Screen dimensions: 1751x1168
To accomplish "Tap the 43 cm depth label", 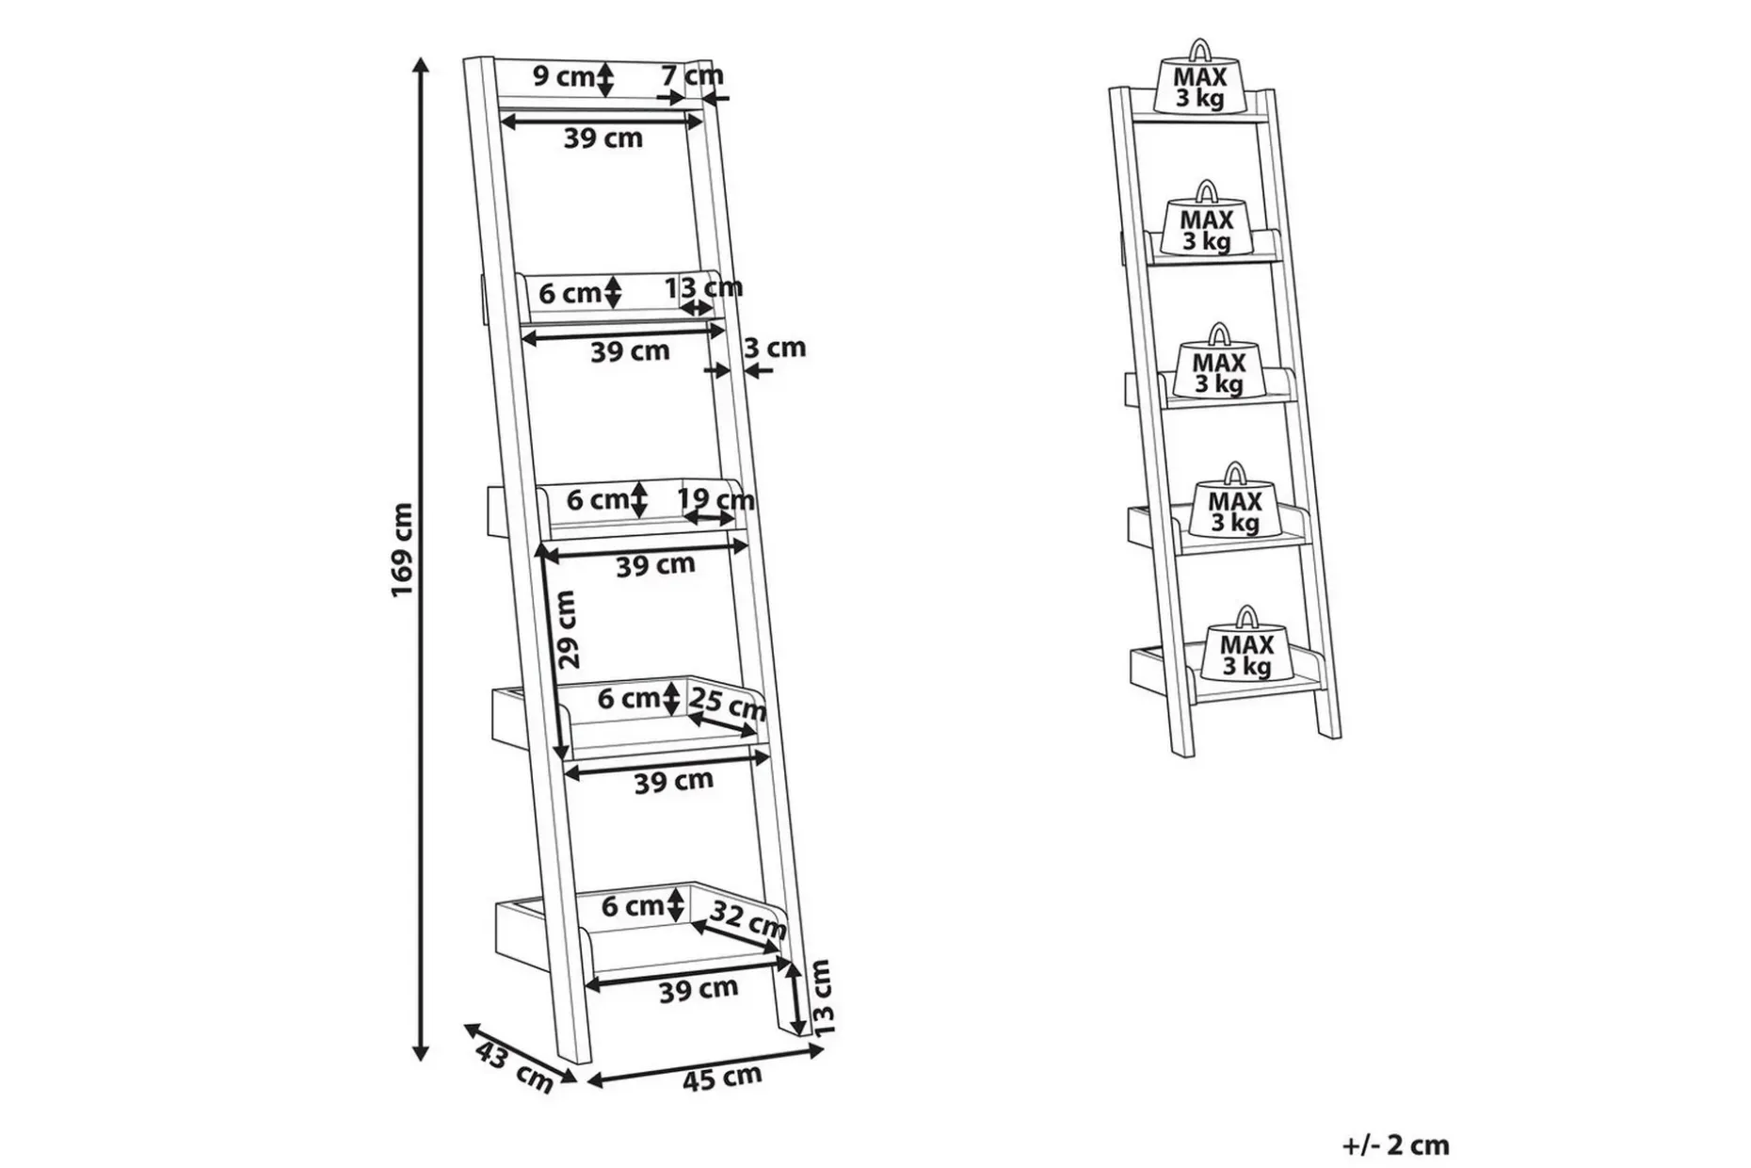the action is click(x=514, y=1068).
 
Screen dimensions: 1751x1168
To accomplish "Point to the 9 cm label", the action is click(x=563, y=76).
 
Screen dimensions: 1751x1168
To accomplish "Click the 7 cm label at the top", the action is click(x=692, y=74).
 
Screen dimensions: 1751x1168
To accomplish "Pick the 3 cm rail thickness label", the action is click(x=776, y=348).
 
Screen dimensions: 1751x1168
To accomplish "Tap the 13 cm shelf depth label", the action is click(x=704, y=287).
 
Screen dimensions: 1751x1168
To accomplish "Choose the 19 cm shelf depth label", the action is click(x=716, y=499).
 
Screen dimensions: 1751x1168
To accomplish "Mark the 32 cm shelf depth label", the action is click(x=747, y=919).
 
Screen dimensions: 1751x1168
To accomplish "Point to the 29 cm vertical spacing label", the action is click(x=567, y=629).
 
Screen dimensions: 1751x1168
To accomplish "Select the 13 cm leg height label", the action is click(x=822, y=998).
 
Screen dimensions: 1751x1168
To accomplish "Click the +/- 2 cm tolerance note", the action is click(x=1395, y=1145).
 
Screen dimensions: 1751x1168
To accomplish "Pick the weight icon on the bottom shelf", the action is click(x=1246, y=647).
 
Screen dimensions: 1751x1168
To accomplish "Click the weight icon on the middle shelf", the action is click(x=1219, y=365).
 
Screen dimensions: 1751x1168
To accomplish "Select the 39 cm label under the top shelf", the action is click(x=603, y=138).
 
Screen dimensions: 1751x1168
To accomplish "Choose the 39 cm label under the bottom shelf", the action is click(x=699, y=989).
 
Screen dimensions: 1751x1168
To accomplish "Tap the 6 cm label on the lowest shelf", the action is click(x=634, y=906).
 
